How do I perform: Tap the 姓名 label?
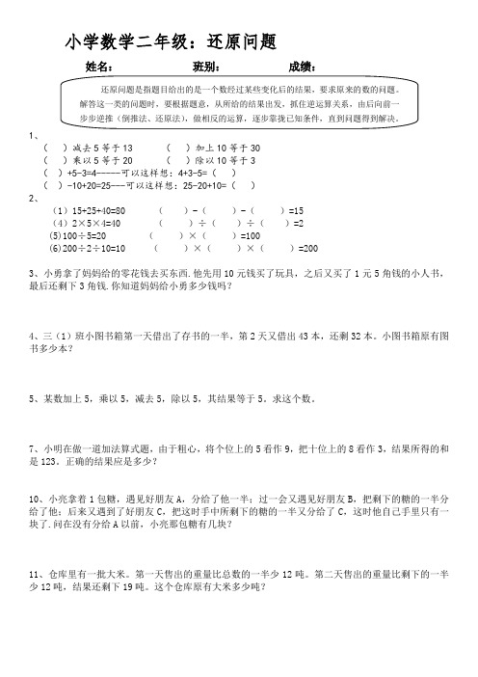coord(100,67)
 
